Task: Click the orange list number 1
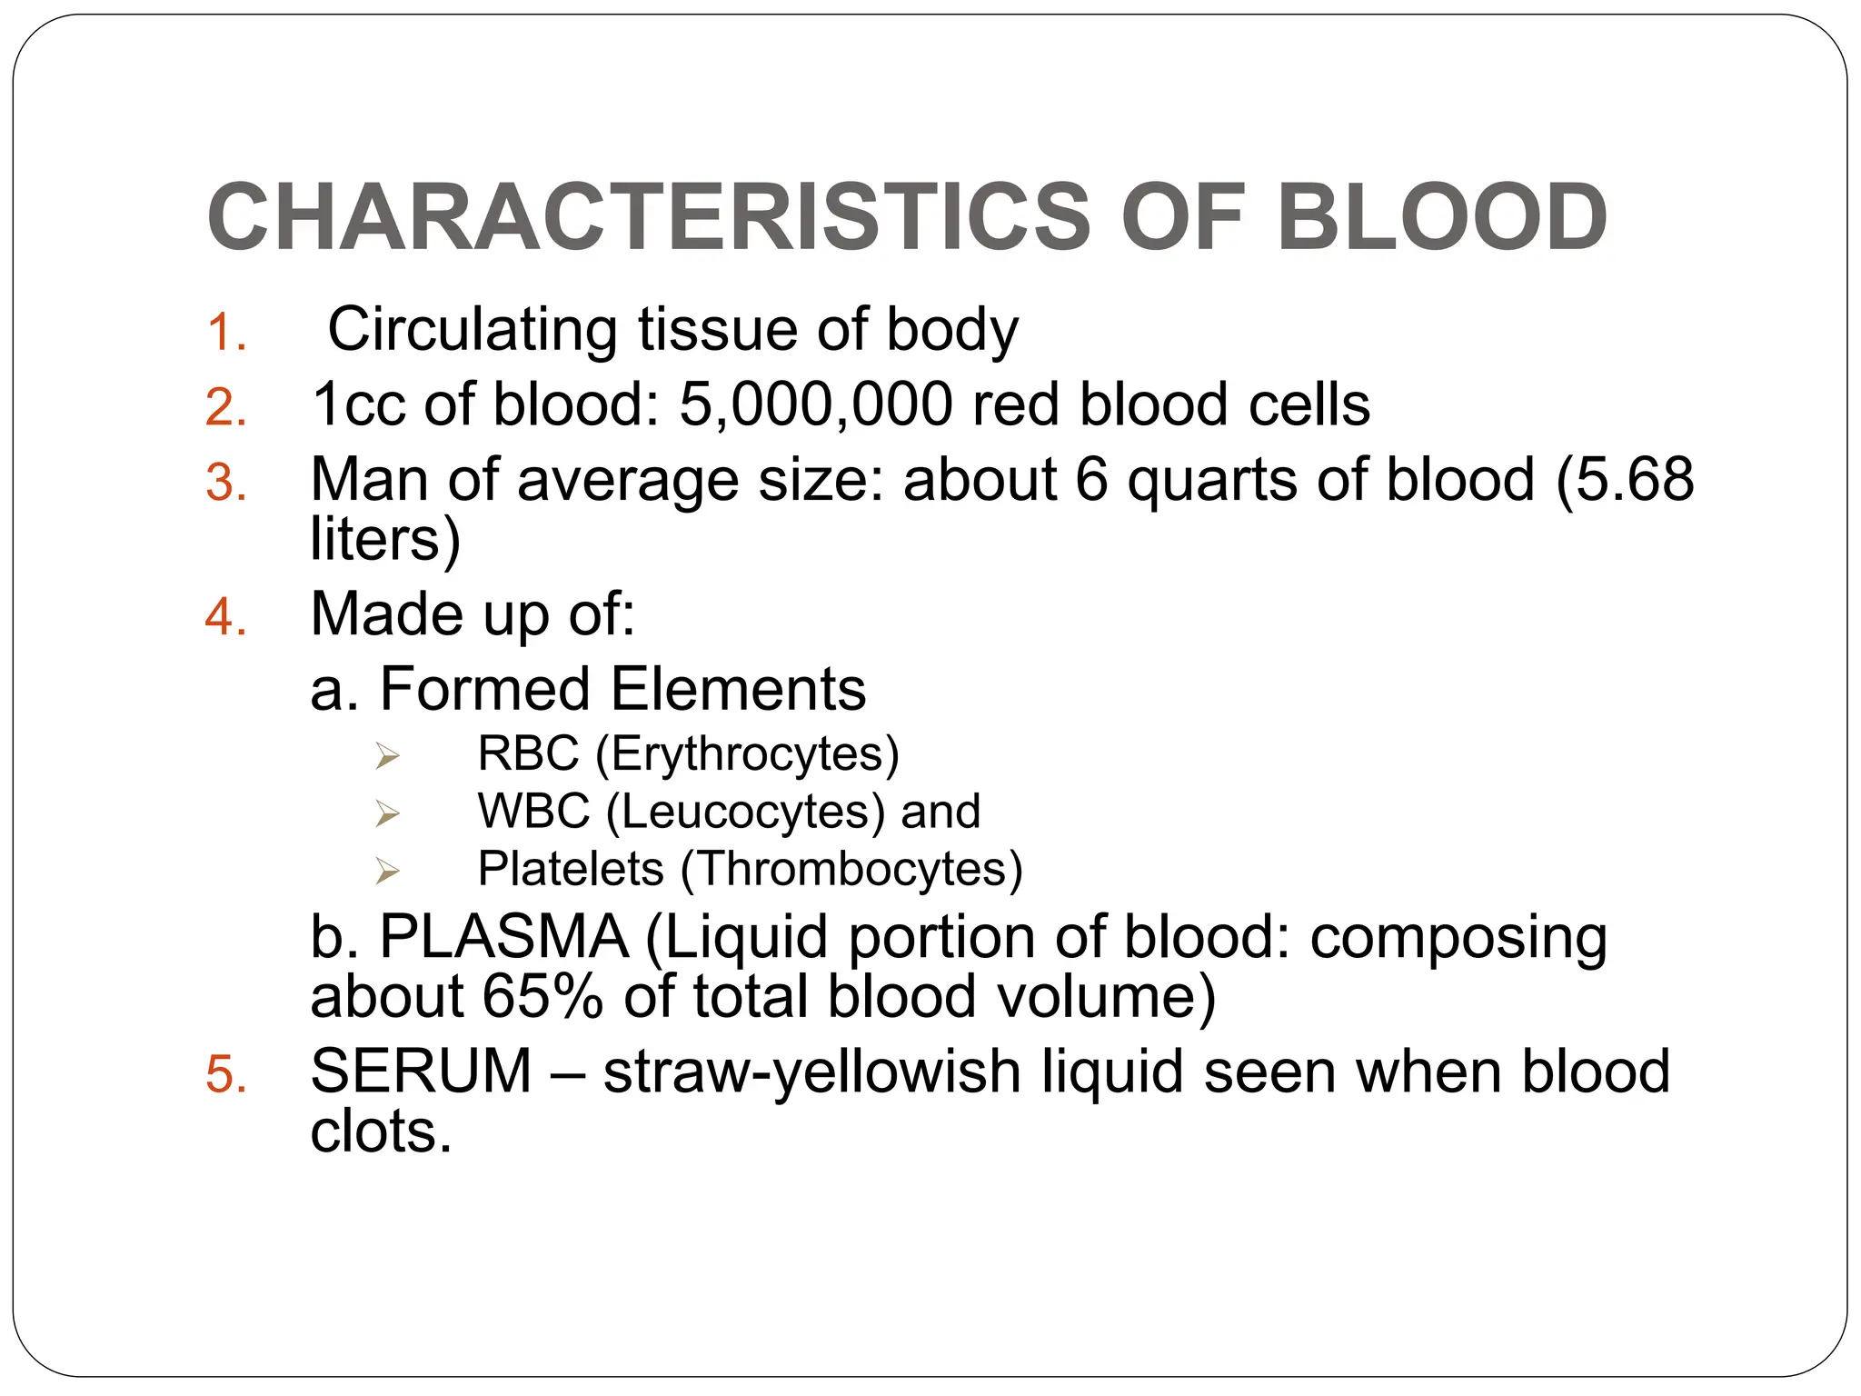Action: pos(225,332)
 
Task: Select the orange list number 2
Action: pos(225,406)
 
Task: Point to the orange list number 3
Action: pos(225,482)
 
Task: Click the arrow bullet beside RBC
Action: pos(388,756)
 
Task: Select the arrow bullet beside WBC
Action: pos(388,813)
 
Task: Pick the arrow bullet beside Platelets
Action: pos(388,872)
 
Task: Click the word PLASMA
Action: pos(503,936)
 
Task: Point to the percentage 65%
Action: pos(542,997)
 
